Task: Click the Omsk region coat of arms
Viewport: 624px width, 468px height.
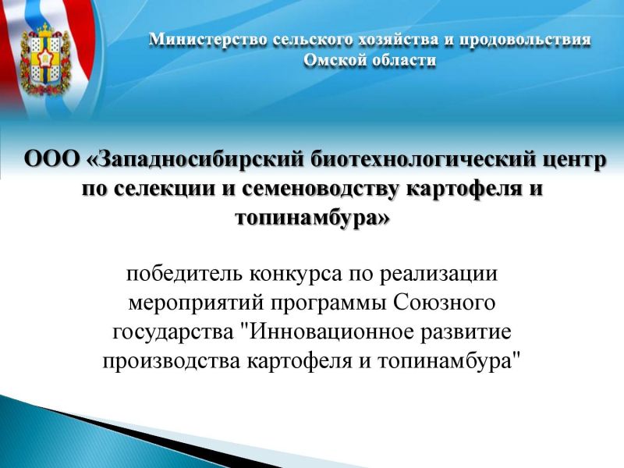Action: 45,60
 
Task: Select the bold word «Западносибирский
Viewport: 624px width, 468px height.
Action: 196,161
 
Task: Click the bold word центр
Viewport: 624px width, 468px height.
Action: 575,161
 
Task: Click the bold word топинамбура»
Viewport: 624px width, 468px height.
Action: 312,218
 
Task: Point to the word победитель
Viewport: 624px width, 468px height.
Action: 184,274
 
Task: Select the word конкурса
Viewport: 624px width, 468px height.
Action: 296,275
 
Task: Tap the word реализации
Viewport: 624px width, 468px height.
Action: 438,275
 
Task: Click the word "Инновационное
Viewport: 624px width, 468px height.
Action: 328,331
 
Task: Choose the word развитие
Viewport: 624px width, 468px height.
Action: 466,333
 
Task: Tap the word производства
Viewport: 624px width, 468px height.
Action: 172,362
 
